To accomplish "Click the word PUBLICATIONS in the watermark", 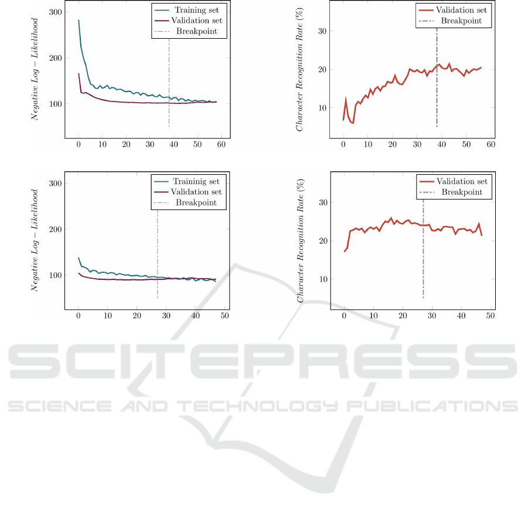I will [x=433, y=405].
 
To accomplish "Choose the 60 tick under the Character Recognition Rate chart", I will [x=490, y=144].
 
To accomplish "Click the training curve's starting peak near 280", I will [x=79, y=21].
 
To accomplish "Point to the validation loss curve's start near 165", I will [x=79, y=73].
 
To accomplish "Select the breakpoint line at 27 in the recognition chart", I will [x=423, y=246].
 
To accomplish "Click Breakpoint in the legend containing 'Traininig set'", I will [x=195, y=202].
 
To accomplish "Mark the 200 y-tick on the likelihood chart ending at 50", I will [x=54, y=229].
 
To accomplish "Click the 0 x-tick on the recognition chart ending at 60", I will [x=343, y=144].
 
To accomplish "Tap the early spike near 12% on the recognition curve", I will [x=346, y=100].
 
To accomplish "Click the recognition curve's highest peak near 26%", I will [x=391, y=218].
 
